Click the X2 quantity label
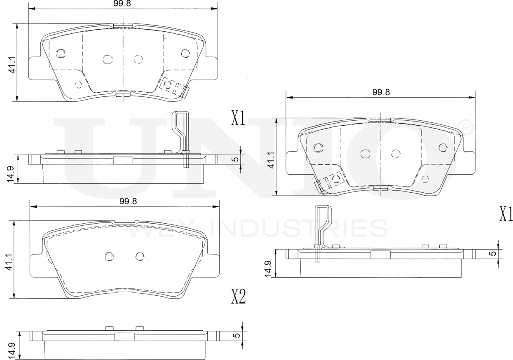238,296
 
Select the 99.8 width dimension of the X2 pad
128,201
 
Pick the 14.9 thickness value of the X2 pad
12,350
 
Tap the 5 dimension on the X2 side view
237,335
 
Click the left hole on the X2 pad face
109,256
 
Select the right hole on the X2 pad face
140,256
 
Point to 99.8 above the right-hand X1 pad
381,93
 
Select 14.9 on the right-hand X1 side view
269,268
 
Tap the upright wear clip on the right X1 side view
321,229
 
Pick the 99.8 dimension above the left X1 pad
123,3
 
